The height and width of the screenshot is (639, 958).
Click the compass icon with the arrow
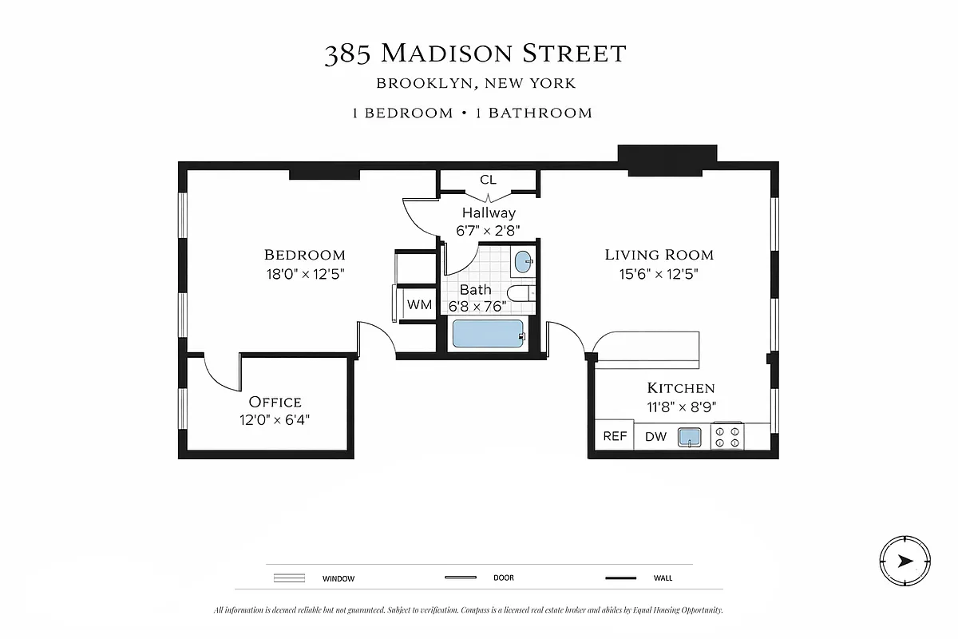click(905, 561)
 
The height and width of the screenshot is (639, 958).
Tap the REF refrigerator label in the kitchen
click(615, 436)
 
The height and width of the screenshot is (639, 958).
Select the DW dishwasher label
click(655, 436)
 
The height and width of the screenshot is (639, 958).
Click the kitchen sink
click(689, 436)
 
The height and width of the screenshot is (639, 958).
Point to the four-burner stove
click(728, 436)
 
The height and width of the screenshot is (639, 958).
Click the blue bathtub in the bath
click(488, 333)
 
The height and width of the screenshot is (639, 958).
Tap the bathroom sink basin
click(523, 261)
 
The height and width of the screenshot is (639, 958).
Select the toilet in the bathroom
click(521, 293)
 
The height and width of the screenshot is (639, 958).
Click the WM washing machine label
click(419, 304)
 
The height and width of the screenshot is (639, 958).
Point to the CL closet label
click(488, 180)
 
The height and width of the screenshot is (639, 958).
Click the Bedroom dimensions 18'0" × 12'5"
click(305, 273)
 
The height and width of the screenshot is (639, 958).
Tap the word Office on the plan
click(275, 402)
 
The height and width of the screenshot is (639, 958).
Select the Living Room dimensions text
click(659, 273)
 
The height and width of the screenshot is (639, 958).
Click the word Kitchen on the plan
click(680, 388)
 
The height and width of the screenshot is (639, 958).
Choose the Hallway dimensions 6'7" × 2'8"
click(489, 230)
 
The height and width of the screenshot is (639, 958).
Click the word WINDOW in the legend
click(338, 578)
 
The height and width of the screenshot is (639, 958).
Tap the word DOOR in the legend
click(504, 578)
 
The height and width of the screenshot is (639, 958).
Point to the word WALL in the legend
click(663, 578)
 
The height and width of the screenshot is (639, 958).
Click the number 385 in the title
click(347, 54)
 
